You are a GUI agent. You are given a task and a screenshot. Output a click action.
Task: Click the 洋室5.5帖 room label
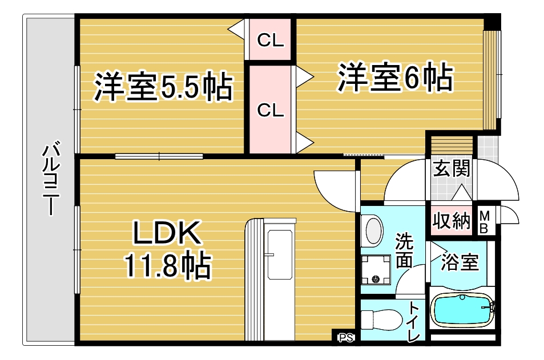pos(163,86)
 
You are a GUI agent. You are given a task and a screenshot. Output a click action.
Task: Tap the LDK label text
pos(166,234)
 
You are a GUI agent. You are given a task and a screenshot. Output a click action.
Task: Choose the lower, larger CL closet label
pos(270,110)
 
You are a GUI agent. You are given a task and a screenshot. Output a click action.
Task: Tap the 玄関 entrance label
pos(450,169)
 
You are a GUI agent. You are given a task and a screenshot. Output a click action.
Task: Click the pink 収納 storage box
pos(450,220)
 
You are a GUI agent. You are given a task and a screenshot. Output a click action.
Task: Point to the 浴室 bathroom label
pos(460,263)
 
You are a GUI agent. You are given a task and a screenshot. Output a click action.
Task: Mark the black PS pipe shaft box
pos(344,338)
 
